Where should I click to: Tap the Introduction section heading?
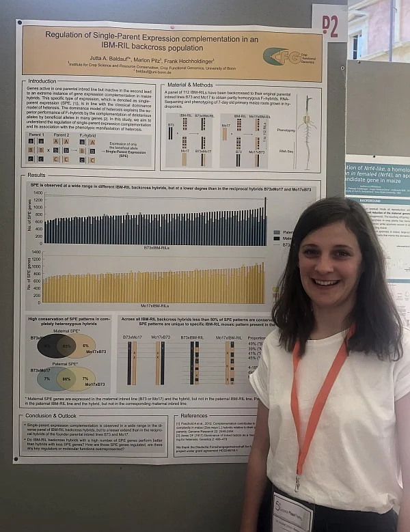tap(42, 81)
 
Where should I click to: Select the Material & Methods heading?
tap(192, 85)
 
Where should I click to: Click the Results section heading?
tap(37, 176)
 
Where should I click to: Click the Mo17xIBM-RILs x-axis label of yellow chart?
tap(155, 307)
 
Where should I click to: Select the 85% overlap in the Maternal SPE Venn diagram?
tap(66, 346)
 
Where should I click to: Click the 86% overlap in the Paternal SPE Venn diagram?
tap(66, 378)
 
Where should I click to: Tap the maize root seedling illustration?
tap(305, 130)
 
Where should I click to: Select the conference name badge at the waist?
tap(292, 512)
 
